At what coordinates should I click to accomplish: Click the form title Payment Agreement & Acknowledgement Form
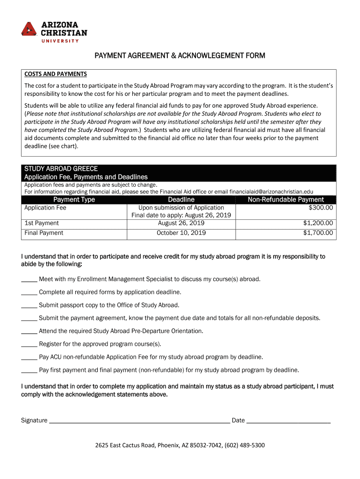point(180,56)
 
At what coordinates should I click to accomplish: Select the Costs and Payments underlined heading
point(56,74)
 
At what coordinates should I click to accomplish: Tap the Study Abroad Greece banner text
point(61,168)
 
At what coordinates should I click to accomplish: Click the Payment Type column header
point(74,200)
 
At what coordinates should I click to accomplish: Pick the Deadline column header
point(181,200)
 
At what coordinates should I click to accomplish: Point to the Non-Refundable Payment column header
point(286,200)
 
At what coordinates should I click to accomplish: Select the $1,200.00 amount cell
point(318,223)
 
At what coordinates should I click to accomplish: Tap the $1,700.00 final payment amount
point(318,233)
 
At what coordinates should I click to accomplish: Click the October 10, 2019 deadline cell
point(181,233)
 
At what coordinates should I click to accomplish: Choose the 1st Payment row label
point(42,223)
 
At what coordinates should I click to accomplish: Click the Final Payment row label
point(44,233)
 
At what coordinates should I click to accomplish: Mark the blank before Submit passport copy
point(29,305)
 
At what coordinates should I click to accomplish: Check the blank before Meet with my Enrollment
point(29,280)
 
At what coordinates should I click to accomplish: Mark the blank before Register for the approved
point(29,344)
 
